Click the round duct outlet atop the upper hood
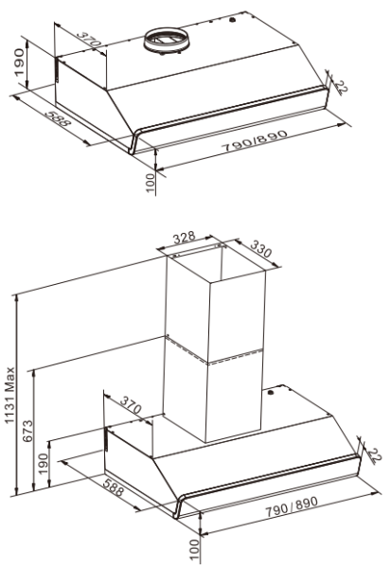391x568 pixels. (x=168, y=43)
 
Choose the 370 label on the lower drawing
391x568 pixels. (x=132, y=407)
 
